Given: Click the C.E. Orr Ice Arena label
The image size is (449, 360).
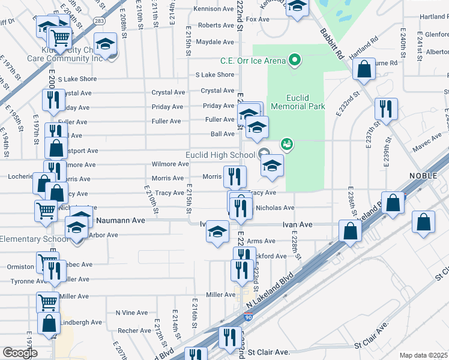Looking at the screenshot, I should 253,60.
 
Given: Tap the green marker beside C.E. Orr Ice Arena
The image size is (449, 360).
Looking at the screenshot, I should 295,60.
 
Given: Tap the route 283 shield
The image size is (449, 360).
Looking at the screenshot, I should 99,21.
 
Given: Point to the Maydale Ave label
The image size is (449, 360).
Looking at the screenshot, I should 214,42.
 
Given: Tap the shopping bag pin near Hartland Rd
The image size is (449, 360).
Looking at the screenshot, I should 364,71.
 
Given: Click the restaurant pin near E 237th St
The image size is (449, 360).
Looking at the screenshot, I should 384,109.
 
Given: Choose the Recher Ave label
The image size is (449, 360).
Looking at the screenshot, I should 134,331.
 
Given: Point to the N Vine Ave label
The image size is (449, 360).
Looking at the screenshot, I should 131,313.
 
